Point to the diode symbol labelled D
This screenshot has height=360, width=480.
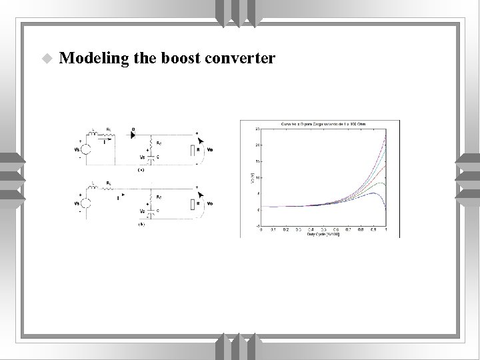134,135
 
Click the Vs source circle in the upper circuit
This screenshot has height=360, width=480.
87,149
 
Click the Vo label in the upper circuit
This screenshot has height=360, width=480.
211,150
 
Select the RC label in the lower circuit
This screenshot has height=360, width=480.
159,197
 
